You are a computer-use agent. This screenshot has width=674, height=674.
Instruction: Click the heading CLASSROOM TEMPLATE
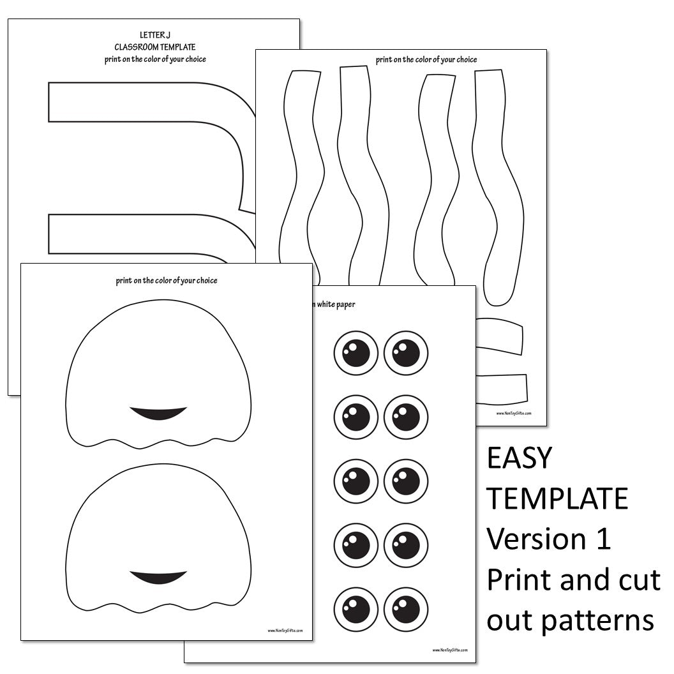click(x=155, y=47)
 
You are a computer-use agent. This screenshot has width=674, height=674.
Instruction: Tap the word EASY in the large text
click(x=519, y=458)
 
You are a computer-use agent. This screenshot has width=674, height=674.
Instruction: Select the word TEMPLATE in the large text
click(x=557, y=498)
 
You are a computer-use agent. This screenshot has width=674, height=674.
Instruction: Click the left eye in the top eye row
click(x=356, y=353)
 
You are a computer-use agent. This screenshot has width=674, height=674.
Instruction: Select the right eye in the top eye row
click(x=405, y=353)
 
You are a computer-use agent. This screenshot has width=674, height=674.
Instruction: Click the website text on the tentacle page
click(x=513, y=413)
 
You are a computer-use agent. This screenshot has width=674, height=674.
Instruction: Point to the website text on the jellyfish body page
click(x=285, y=630)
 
